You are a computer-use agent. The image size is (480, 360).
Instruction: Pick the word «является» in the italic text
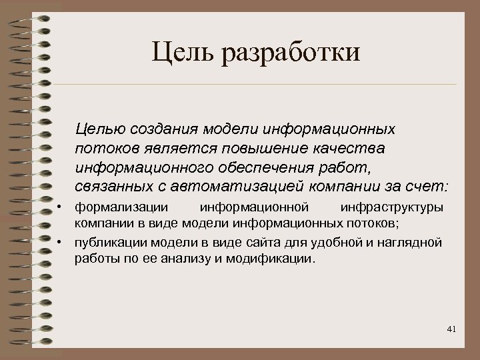(177, 145)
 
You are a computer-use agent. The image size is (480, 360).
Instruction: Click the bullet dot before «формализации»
(60, 207)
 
